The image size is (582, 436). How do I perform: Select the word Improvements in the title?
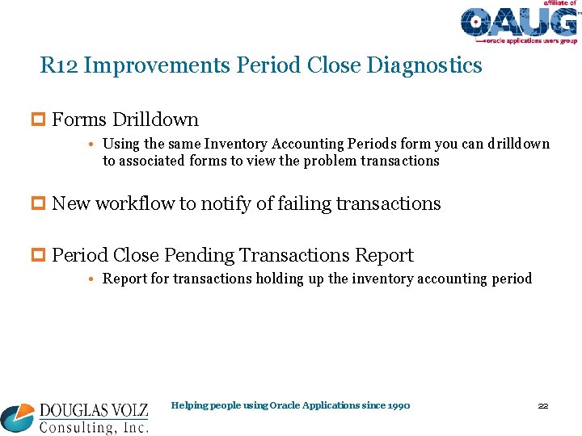(x=157, y=65)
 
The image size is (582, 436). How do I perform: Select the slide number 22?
(x=543, y=405)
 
